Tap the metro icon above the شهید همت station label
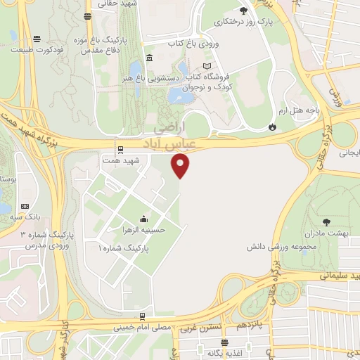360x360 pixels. pos(120,149)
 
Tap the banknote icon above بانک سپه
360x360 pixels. pos(25,206)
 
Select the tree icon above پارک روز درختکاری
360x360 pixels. pos(243,11)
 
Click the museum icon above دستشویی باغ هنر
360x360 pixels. pos(149,58)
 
